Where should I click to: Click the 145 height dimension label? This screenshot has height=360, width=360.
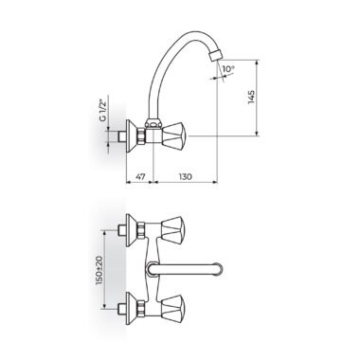(x=251, y=98)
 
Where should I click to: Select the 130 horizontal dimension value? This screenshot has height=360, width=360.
(x=185, y=176)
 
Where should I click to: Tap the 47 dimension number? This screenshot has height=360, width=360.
(x=140, y=176)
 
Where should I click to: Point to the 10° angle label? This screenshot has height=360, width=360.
(x=227, y=68)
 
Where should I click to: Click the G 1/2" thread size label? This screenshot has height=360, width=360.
(x=102, y=111)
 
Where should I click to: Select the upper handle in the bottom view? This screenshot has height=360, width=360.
(x=173, y=228)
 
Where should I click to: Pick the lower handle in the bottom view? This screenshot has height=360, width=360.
(x=173, y=306)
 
